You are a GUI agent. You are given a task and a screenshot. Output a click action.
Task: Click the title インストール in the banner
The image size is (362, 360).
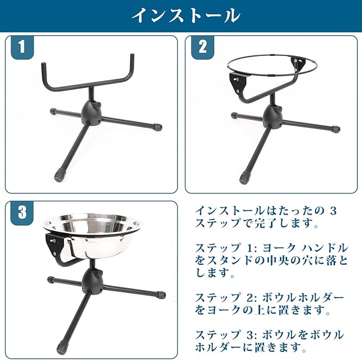[x=186, y=15]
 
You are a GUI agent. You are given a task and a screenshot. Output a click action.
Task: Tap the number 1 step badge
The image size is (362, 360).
[x=22, y=47]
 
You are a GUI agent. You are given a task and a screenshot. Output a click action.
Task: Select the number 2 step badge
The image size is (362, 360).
[x=203, y=47]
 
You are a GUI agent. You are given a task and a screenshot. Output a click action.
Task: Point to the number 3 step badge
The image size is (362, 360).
[x=22, y=212]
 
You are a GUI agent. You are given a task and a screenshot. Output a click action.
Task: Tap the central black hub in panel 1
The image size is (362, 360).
[x=91, y=113]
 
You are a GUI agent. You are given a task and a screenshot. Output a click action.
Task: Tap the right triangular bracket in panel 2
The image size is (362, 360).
[x=300, y=63]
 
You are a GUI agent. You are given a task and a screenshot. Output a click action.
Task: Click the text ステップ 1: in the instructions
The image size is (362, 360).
[x=227, y=248]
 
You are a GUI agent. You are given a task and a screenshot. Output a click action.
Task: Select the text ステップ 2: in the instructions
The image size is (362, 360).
[x=227, y=298]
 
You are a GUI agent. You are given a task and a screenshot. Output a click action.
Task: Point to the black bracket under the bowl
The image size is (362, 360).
[x=55, y=244]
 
